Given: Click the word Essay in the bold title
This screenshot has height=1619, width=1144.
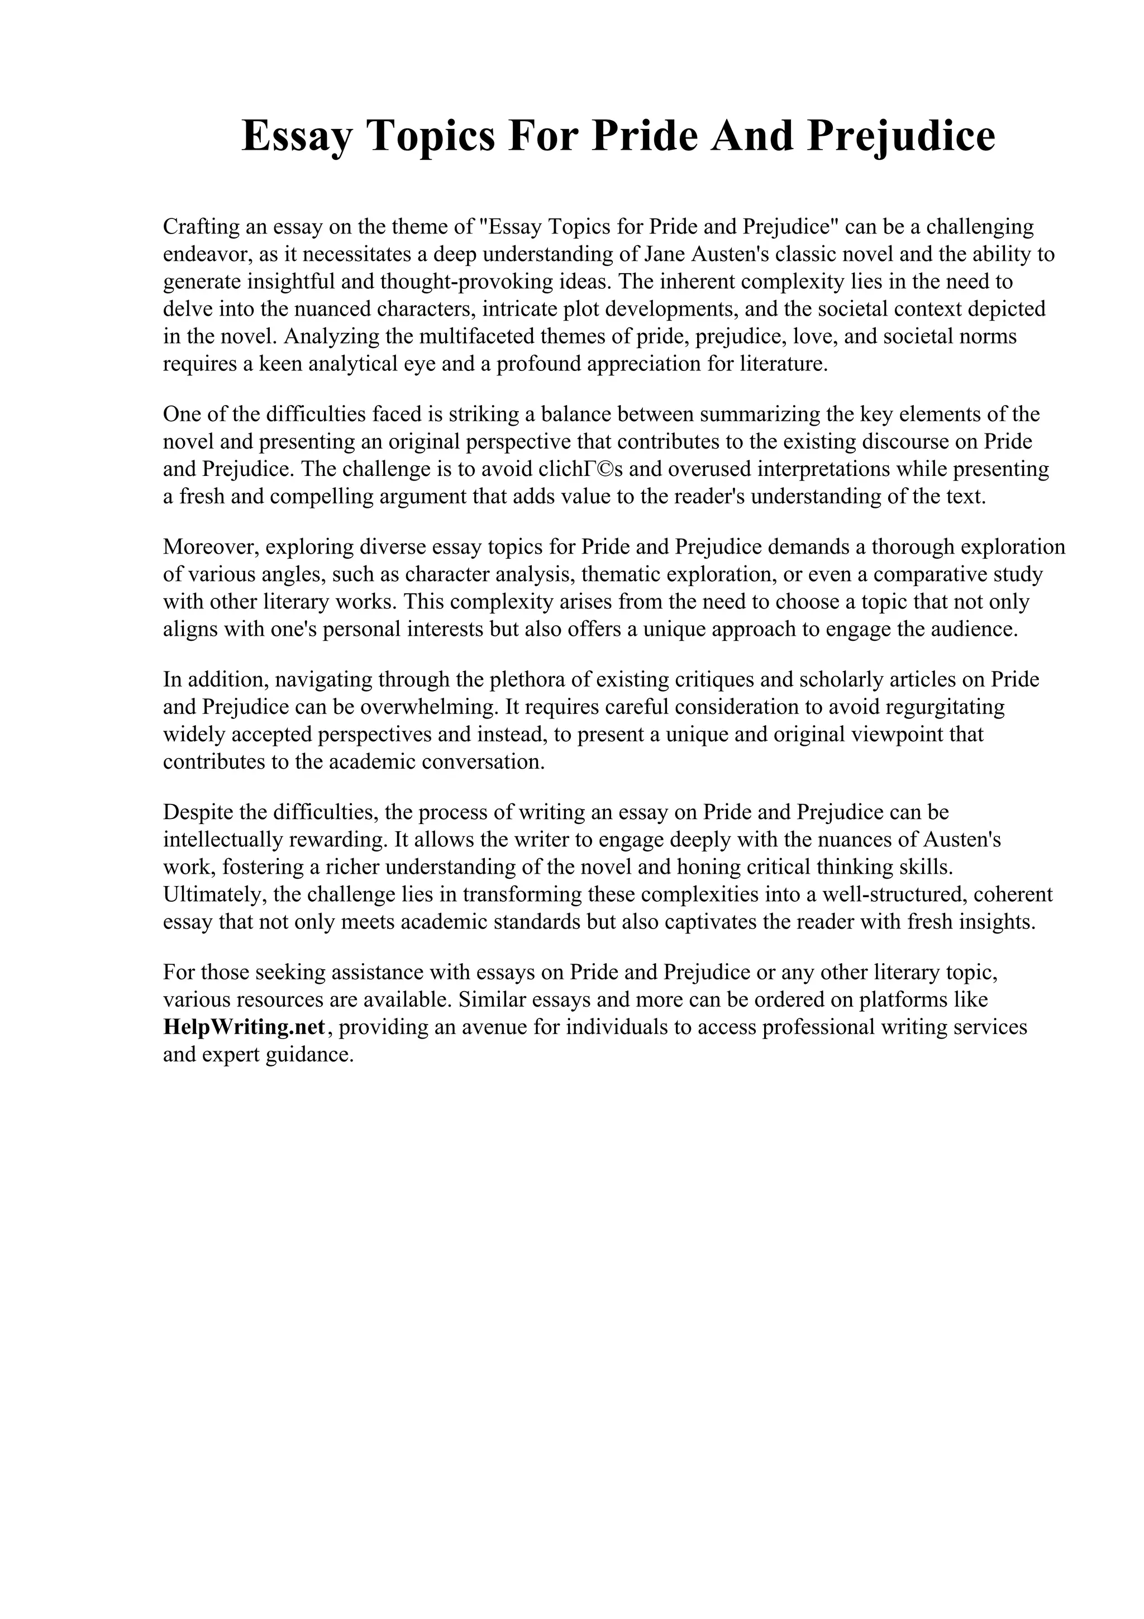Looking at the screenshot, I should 295,136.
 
